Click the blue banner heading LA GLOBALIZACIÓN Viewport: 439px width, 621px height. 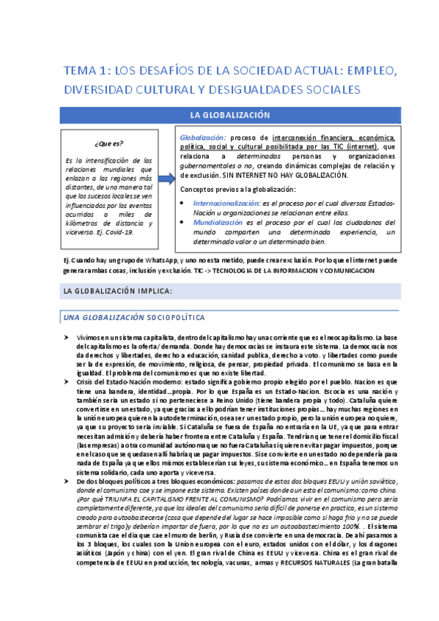230,115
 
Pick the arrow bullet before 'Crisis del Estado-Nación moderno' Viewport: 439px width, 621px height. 67,382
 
